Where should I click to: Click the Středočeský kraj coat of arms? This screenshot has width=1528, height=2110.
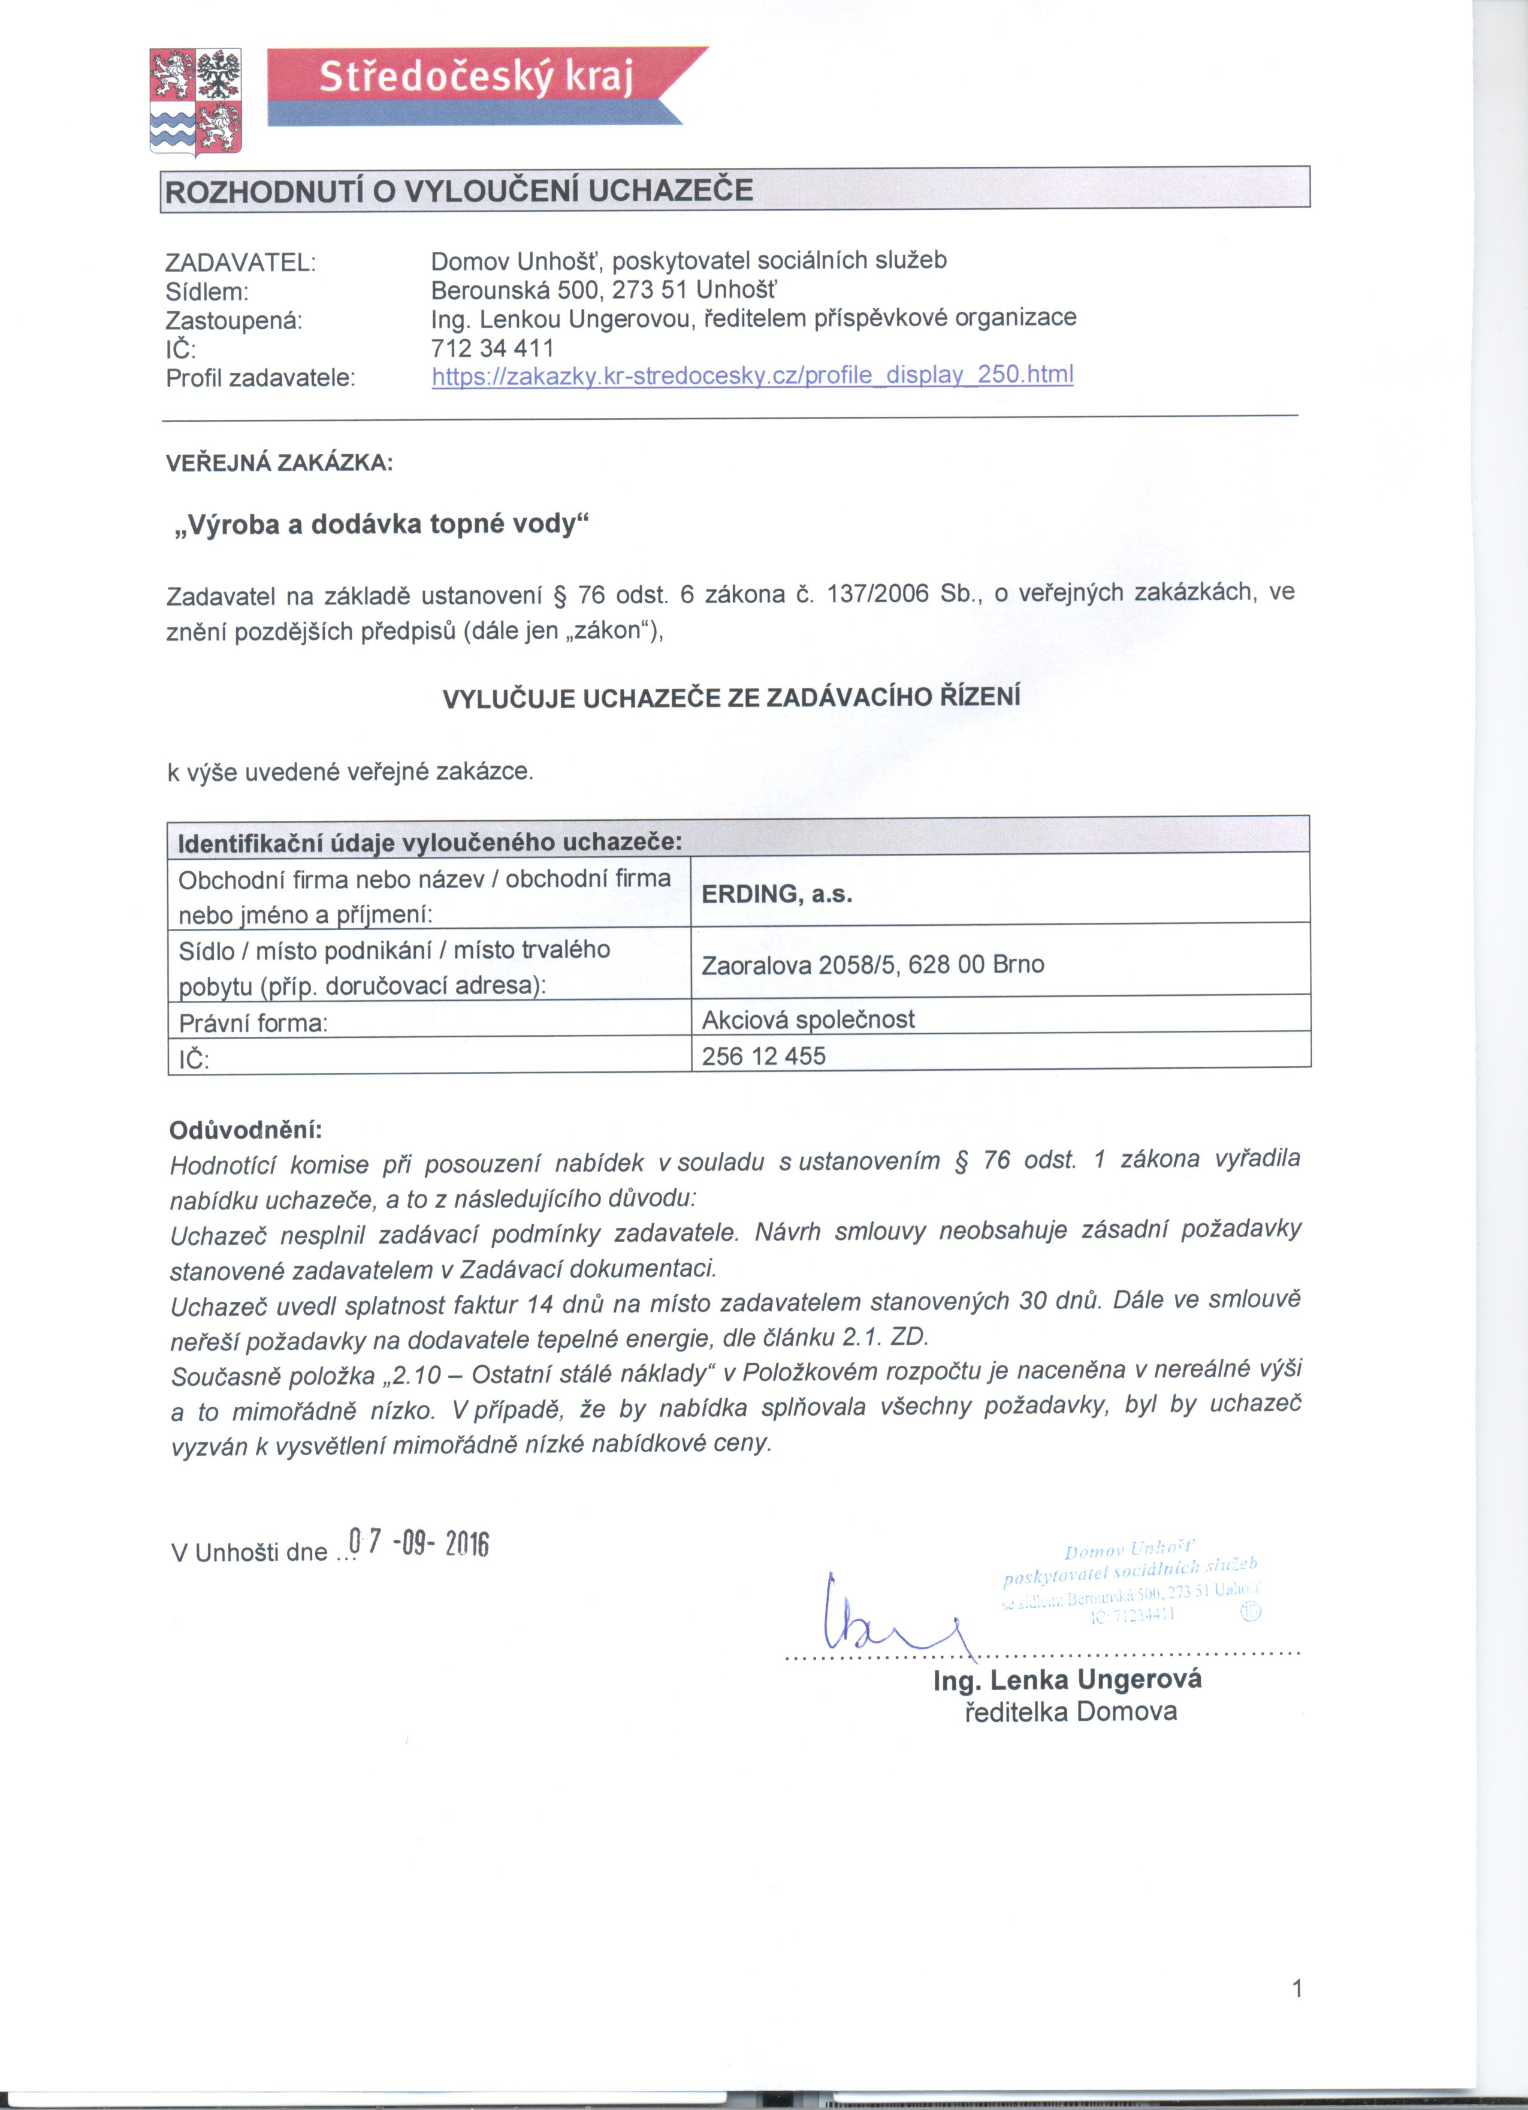195,101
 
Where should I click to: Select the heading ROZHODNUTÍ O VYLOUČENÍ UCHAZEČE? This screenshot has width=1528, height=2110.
458,191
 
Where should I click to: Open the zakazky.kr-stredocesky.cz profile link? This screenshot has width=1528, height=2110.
753,375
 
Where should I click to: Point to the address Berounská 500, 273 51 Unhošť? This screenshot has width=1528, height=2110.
605,290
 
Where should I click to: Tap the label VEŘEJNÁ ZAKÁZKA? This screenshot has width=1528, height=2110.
279,462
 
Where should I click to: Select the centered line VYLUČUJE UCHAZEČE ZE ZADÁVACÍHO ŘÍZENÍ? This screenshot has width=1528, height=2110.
731,698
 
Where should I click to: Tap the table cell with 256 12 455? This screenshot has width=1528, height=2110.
763,1056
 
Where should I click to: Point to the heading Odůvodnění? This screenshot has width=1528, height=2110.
246,1130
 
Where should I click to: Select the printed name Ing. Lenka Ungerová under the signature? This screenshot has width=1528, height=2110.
1067,1680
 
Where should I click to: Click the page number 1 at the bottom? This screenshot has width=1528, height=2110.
1297,1988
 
